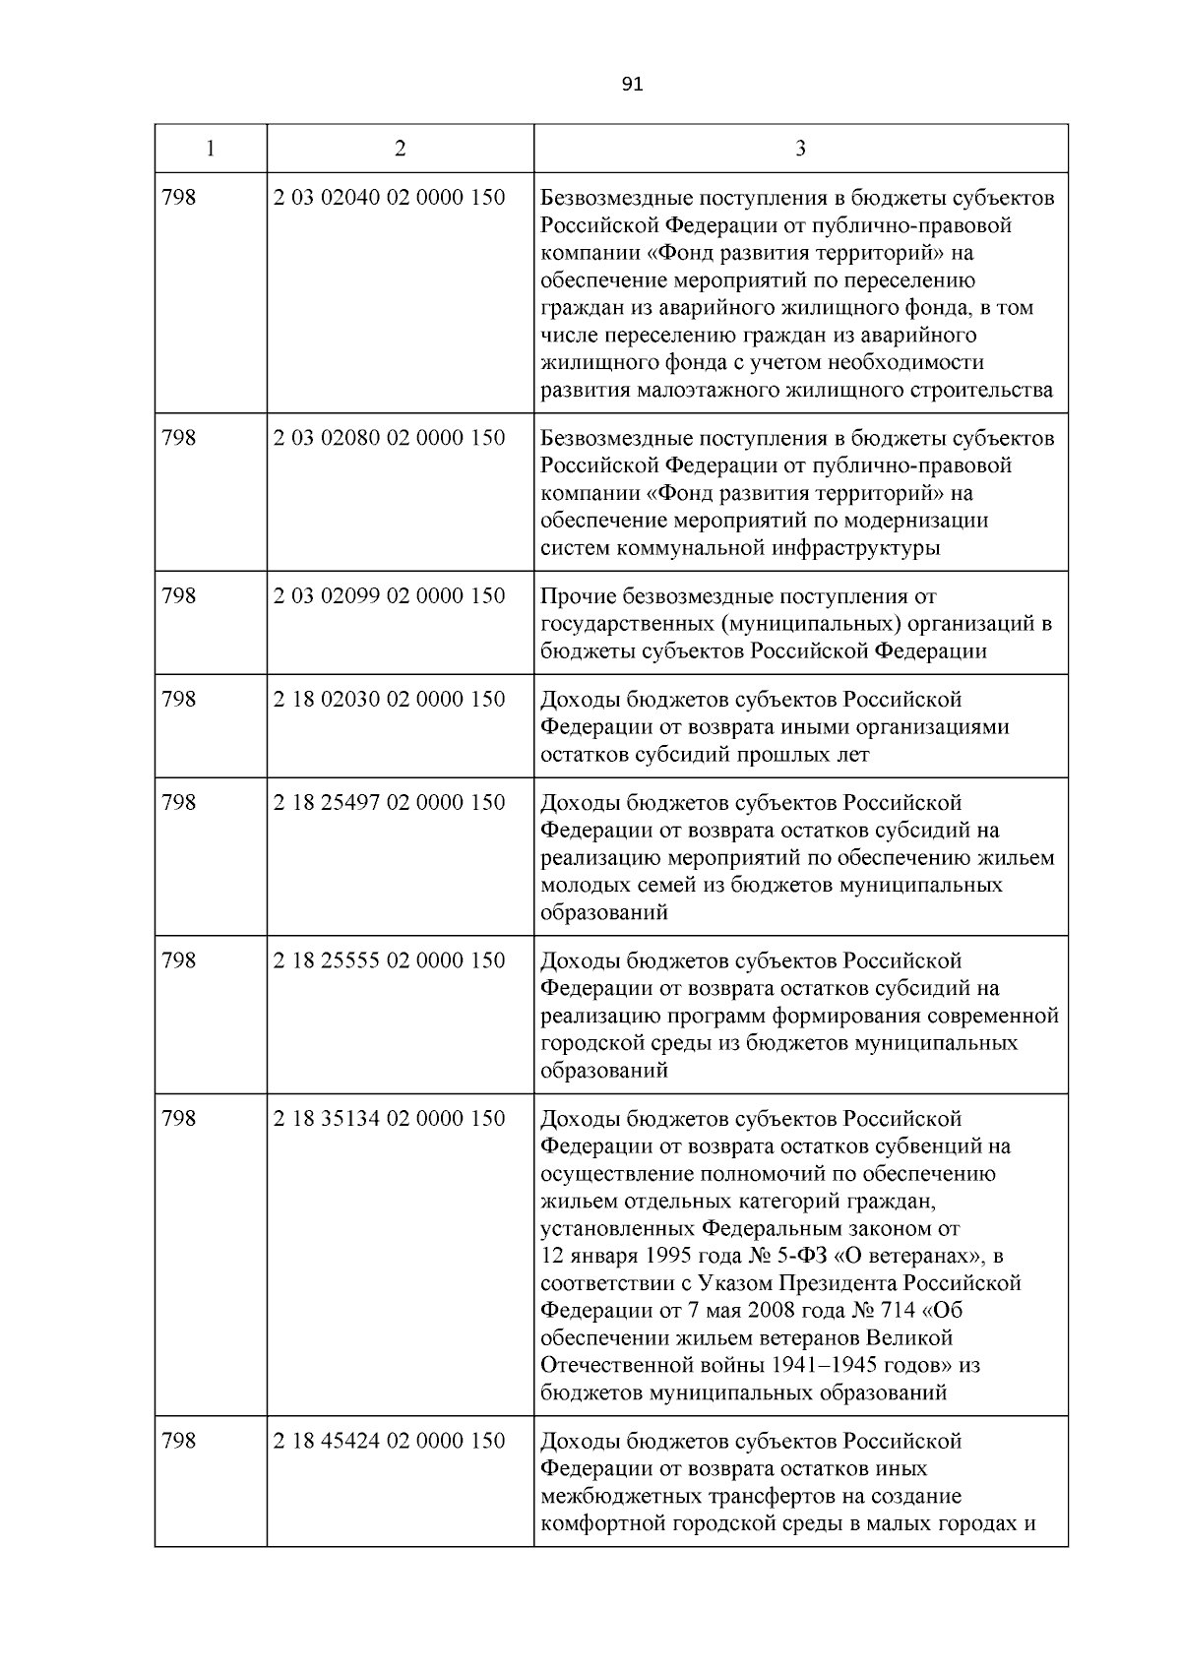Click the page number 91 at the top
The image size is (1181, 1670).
coord(633,85)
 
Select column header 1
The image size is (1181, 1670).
coord(211,149)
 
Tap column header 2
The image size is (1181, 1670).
coord(400,149)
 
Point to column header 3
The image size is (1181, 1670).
coord(800,149)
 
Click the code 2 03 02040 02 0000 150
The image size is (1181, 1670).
coord(390,198)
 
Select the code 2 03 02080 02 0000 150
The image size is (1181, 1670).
coord(390,438)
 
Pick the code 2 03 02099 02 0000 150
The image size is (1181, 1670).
coord(390,596)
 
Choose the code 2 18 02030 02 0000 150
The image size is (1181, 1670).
coord(390,700)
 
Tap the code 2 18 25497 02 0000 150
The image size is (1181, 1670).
coord(390,803)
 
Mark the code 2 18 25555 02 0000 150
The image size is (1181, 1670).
coord(390,961)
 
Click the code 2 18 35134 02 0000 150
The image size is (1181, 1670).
coord(390,1119)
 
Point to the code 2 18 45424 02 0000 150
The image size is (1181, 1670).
coord(390,1442)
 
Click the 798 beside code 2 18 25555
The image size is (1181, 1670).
coord(179,961)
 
